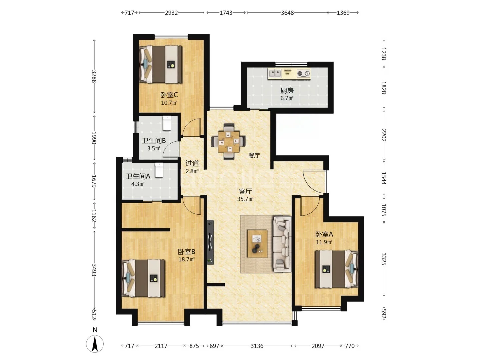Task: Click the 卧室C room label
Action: click(x=169, y=95)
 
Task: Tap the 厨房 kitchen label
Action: click(x=287, y=90)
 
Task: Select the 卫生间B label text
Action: click(x=154, y=141)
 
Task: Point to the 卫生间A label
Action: click(x=138, y=176)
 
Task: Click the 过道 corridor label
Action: click(x=192, y=163)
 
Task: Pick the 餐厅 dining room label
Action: click(x=254, y=156)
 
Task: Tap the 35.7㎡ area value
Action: click(x=245, y=199)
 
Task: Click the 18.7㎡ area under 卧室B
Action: click(x=187, y=259)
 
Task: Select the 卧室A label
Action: click(x=324, y=234)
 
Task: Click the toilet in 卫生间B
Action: click(x=167, y=123)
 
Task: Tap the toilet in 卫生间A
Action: click(x=159, y=170)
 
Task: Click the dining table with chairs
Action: click(x=228, y=142)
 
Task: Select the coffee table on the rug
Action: click(x=257, y=243)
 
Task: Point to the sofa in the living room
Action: click(x=282, y=244)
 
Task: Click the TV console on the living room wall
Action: click(x=210, y=242)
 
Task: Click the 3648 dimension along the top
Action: click(x=287, y=13)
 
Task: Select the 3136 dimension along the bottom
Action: click(x=257, y=346)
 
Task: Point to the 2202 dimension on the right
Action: click(x=384, y=135)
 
